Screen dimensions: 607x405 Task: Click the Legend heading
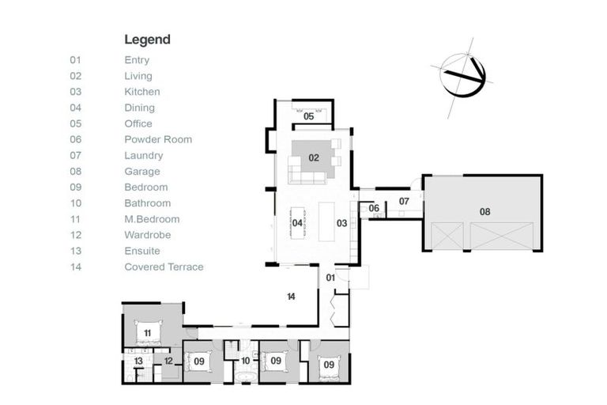click(x=147, y=40)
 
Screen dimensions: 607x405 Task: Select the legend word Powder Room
click(x=158, y=139)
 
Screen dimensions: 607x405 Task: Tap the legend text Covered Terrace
click(x=164, y=267)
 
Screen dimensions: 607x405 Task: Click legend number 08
click(x=76, y=172)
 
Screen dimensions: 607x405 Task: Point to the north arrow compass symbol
click(x=462, y=76)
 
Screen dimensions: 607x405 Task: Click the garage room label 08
click(x=484, y=212)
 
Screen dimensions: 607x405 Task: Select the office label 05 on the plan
click(x=308, y=116)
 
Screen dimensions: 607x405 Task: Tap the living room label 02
click(x=314, y=157)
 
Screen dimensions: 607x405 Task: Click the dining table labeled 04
click(x=297, y=223)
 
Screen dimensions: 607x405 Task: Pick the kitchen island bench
click(x=326, y=221)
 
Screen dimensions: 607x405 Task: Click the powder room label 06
click(x=374, y=208)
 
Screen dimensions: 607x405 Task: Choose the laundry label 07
click(x=404, y=201)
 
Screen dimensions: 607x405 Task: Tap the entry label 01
click(x=330, y=278)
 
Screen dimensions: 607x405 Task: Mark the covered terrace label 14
click(x=291, y=297)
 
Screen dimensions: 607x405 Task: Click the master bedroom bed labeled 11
click(x=148, y=332)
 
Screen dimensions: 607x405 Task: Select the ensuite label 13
click(x=138, y=361)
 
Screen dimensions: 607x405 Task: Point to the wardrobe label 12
click(x=168, y=361)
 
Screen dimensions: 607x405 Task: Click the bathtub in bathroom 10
click(x=245, y=377)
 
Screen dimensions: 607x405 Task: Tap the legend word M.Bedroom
click(x=152, y=219)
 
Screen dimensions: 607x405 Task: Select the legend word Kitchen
click(x=142, y=92)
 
